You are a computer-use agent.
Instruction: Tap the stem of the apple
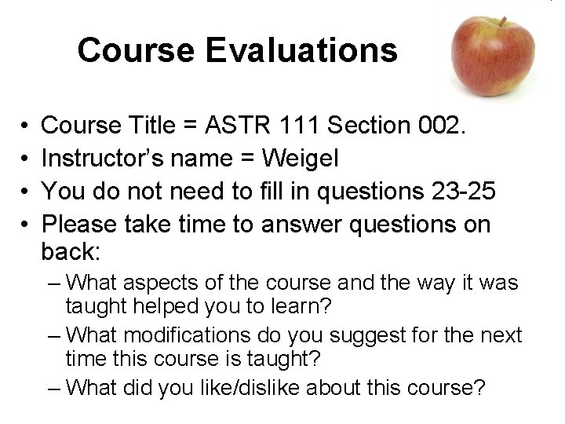(502, 21)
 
